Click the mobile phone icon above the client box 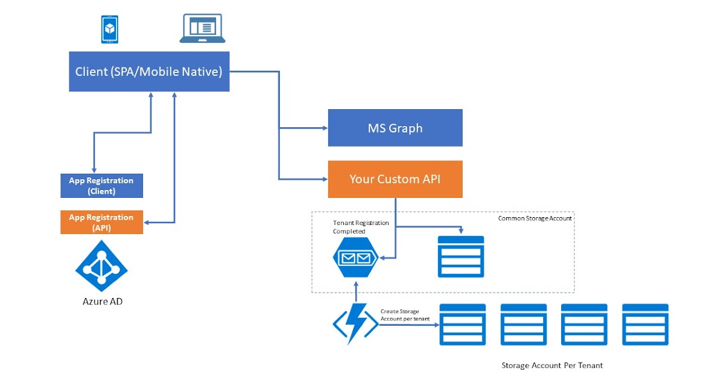(x=109, y=30)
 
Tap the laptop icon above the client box (x=203, y=29)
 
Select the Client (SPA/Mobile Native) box (x=149, y=72)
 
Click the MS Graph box (x=395, y=128)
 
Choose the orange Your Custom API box (x=395, y=179)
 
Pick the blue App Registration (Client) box (x=101, y=186)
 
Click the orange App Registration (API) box (x=101, y=222)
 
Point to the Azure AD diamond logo (x=101, y=267)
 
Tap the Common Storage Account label (x=535, y=218)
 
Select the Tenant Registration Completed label (x=361, y=227)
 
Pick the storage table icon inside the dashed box (x=461, y=256)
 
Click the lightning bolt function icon (x=355, y=324)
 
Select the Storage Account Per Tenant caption (x=552, y=366)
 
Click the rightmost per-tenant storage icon (x=645, y=325)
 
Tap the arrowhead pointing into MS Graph (x=324, y=128)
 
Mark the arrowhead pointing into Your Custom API (x=324, y=179)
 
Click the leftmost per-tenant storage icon (x=463, y=325)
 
